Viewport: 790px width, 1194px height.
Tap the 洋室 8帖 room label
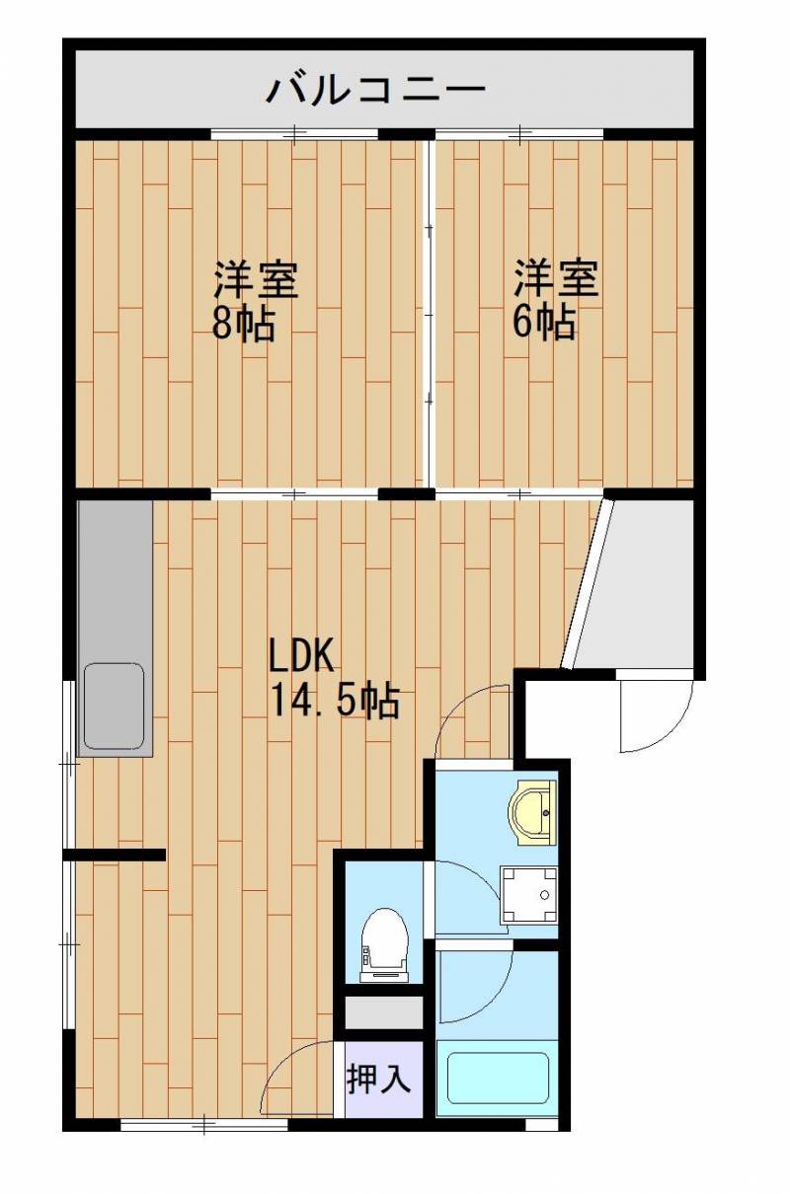point(255,301)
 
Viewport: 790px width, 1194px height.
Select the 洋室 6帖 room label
point(555,301)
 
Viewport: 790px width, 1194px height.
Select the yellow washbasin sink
point(533,812)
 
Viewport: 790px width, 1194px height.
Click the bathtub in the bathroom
point(498,1079)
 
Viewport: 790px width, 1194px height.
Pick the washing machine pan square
point(529,894)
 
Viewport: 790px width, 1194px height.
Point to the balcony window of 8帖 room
point(294,133)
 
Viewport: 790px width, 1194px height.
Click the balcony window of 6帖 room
point(519,133)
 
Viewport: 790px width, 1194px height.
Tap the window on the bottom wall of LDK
point(203,1123)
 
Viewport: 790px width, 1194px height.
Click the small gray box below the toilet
point(383,1012)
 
